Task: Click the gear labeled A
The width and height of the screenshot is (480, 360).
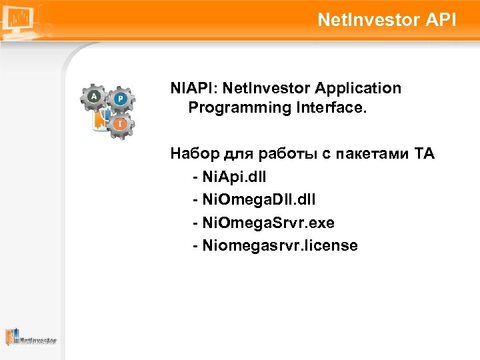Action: tap(93, 97)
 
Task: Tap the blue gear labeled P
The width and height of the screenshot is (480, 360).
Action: tap(120, 99)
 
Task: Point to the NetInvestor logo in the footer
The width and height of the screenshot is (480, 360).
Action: tap(31, 337)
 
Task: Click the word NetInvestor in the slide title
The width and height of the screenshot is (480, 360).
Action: tap(366, 20)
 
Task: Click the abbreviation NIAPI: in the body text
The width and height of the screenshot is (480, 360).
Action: tap(194, 89)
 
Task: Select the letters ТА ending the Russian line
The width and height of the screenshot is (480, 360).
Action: tap(425, 155)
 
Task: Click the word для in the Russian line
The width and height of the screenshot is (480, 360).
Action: tap(231, 155)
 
